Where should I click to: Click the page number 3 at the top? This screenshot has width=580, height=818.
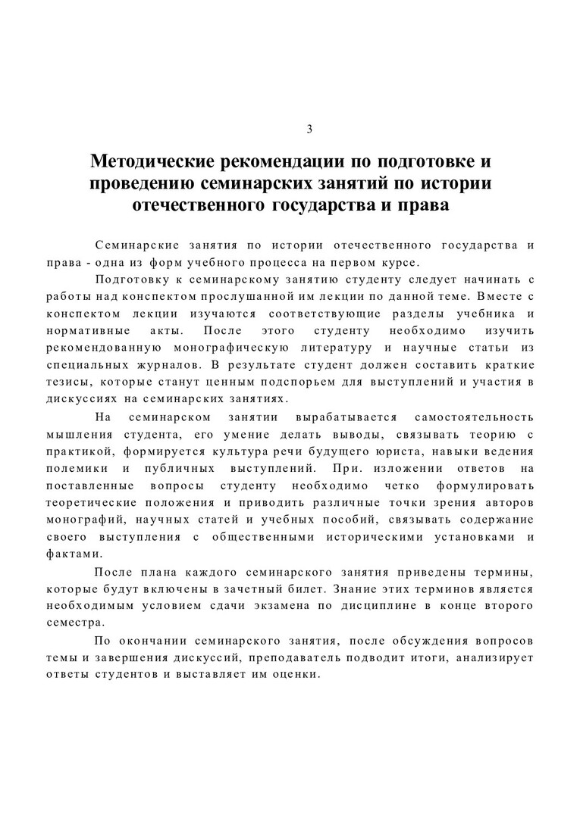coord(309,129)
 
